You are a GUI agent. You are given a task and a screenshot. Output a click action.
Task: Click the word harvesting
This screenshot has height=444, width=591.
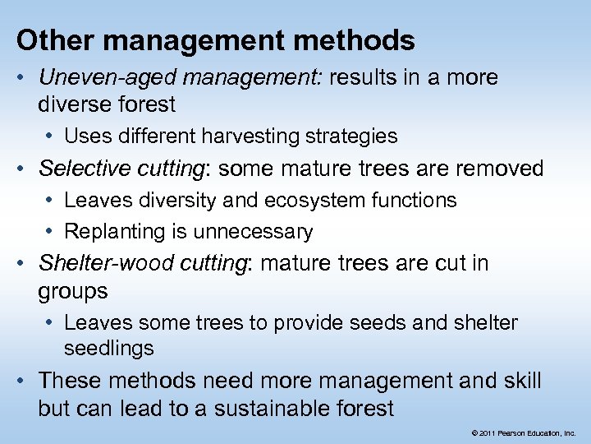pos(255,136)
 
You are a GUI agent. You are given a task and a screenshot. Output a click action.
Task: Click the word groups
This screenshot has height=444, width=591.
pos(72,292)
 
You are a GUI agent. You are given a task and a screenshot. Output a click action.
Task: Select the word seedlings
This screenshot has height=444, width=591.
pos(108,348)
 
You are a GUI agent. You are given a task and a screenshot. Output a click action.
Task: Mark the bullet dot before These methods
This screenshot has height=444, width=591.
pos(25,381)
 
